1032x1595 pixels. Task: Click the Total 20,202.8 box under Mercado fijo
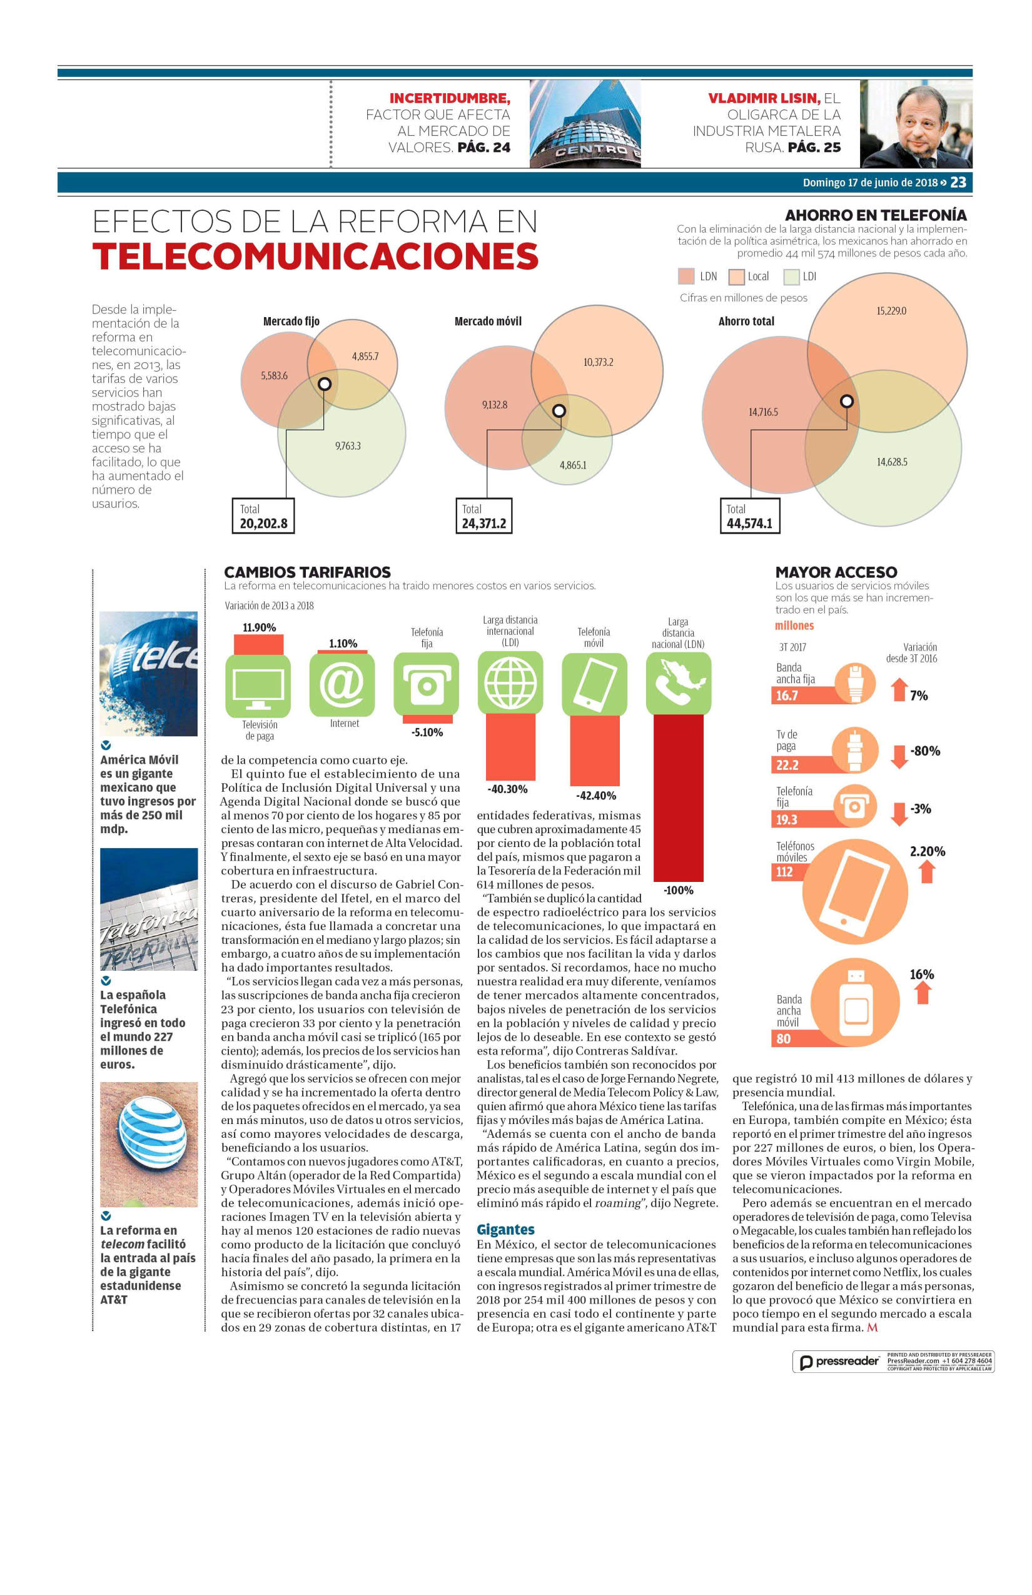point(263,515)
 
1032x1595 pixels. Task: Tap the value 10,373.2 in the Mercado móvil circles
point(598,363)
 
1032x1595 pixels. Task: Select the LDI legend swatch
point(791,276)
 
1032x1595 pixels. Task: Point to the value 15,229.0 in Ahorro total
point(891,311)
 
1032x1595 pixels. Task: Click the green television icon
point(258,686)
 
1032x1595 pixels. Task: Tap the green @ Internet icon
point(343,684)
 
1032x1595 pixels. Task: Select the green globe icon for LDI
point(510,683)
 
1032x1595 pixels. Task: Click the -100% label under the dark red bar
point(678,891)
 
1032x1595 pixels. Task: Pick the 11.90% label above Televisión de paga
point(260,628)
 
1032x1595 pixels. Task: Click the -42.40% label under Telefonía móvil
point(595,796)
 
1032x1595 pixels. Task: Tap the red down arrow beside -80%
point(899,757)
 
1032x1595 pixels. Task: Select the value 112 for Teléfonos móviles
point(784,872)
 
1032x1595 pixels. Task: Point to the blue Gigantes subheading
point(505,1230)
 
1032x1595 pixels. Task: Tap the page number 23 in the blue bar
point(958,182)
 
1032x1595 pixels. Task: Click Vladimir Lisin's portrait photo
point(916,124)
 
